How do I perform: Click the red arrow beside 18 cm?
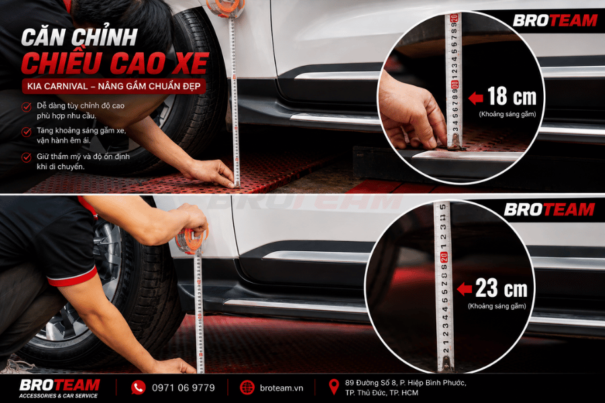coord(476,98)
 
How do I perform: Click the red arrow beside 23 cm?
coord(464,289)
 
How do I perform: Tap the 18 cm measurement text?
coord(512,96)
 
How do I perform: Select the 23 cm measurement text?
coord(501,287)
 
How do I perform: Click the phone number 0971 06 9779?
coord(184,388)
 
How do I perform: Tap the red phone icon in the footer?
coord(138,387)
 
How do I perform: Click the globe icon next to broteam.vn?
coord(247,388)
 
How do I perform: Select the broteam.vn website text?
coord(281,388)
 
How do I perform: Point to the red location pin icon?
coord(333,386)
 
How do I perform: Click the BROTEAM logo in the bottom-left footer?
coord(59,388)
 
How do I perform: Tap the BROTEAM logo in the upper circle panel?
coord(555,20)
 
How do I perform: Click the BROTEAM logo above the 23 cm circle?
coord(549,210)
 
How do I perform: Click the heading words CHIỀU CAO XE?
coord(115,64)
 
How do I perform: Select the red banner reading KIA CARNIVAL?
coord(114,86)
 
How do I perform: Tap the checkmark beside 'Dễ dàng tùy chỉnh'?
coord(26,107)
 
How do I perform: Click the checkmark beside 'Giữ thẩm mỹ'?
coord(26,157)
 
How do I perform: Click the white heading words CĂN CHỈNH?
coord(79,38)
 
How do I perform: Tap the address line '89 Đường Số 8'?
coord(405,383)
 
